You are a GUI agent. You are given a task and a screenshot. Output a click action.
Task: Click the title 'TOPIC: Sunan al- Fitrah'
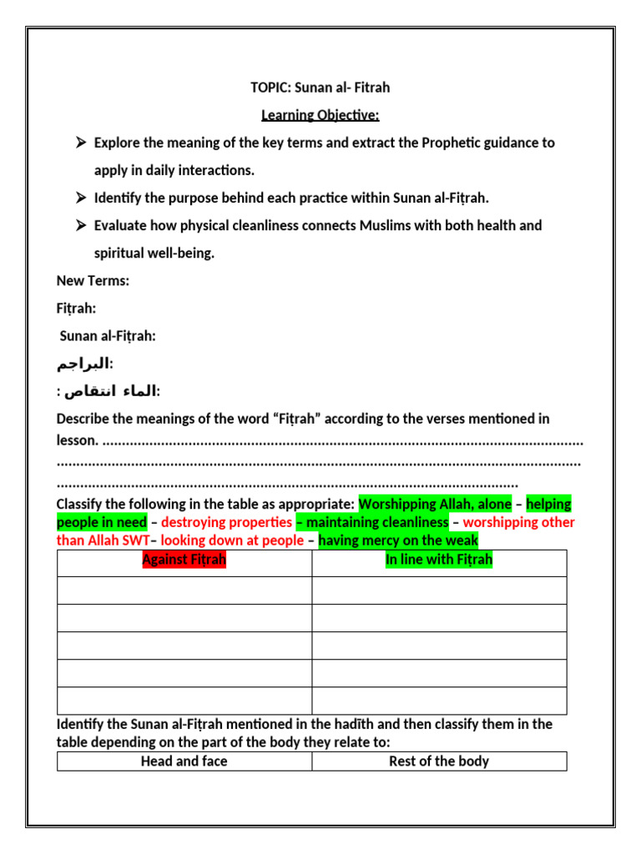point(320,88)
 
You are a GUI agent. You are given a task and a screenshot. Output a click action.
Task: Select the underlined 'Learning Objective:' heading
point(320,115)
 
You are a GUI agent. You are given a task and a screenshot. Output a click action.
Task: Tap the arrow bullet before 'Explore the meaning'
point(81,143)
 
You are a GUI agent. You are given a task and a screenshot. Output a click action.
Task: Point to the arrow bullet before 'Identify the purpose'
point(81,198)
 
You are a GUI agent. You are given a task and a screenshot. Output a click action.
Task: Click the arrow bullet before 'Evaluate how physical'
point(81,225)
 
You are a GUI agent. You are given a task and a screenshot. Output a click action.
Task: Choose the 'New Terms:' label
point(93,281)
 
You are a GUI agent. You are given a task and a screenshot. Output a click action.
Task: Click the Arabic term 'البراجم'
point(83,364)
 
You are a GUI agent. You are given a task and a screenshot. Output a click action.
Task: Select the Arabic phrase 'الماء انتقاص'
point(109,391)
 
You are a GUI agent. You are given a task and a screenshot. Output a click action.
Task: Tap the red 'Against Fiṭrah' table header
point(184,560)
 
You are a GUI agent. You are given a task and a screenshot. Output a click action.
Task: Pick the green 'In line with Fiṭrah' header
point(439,560)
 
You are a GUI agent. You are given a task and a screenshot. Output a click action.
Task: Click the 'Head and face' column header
point(184,761)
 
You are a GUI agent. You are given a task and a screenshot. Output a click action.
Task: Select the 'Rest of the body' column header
point(439,761)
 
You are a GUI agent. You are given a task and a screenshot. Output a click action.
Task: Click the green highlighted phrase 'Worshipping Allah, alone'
point(435,505)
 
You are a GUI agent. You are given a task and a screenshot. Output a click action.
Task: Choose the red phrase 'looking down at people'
point(232,540)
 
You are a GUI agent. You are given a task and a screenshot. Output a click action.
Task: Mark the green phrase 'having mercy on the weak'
point(398,540)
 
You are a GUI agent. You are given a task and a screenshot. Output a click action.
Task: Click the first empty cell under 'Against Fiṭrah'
point(184,590)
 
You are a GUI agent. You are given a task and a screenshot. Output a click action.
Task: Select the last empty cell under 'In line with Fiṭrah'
point(439,701)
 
